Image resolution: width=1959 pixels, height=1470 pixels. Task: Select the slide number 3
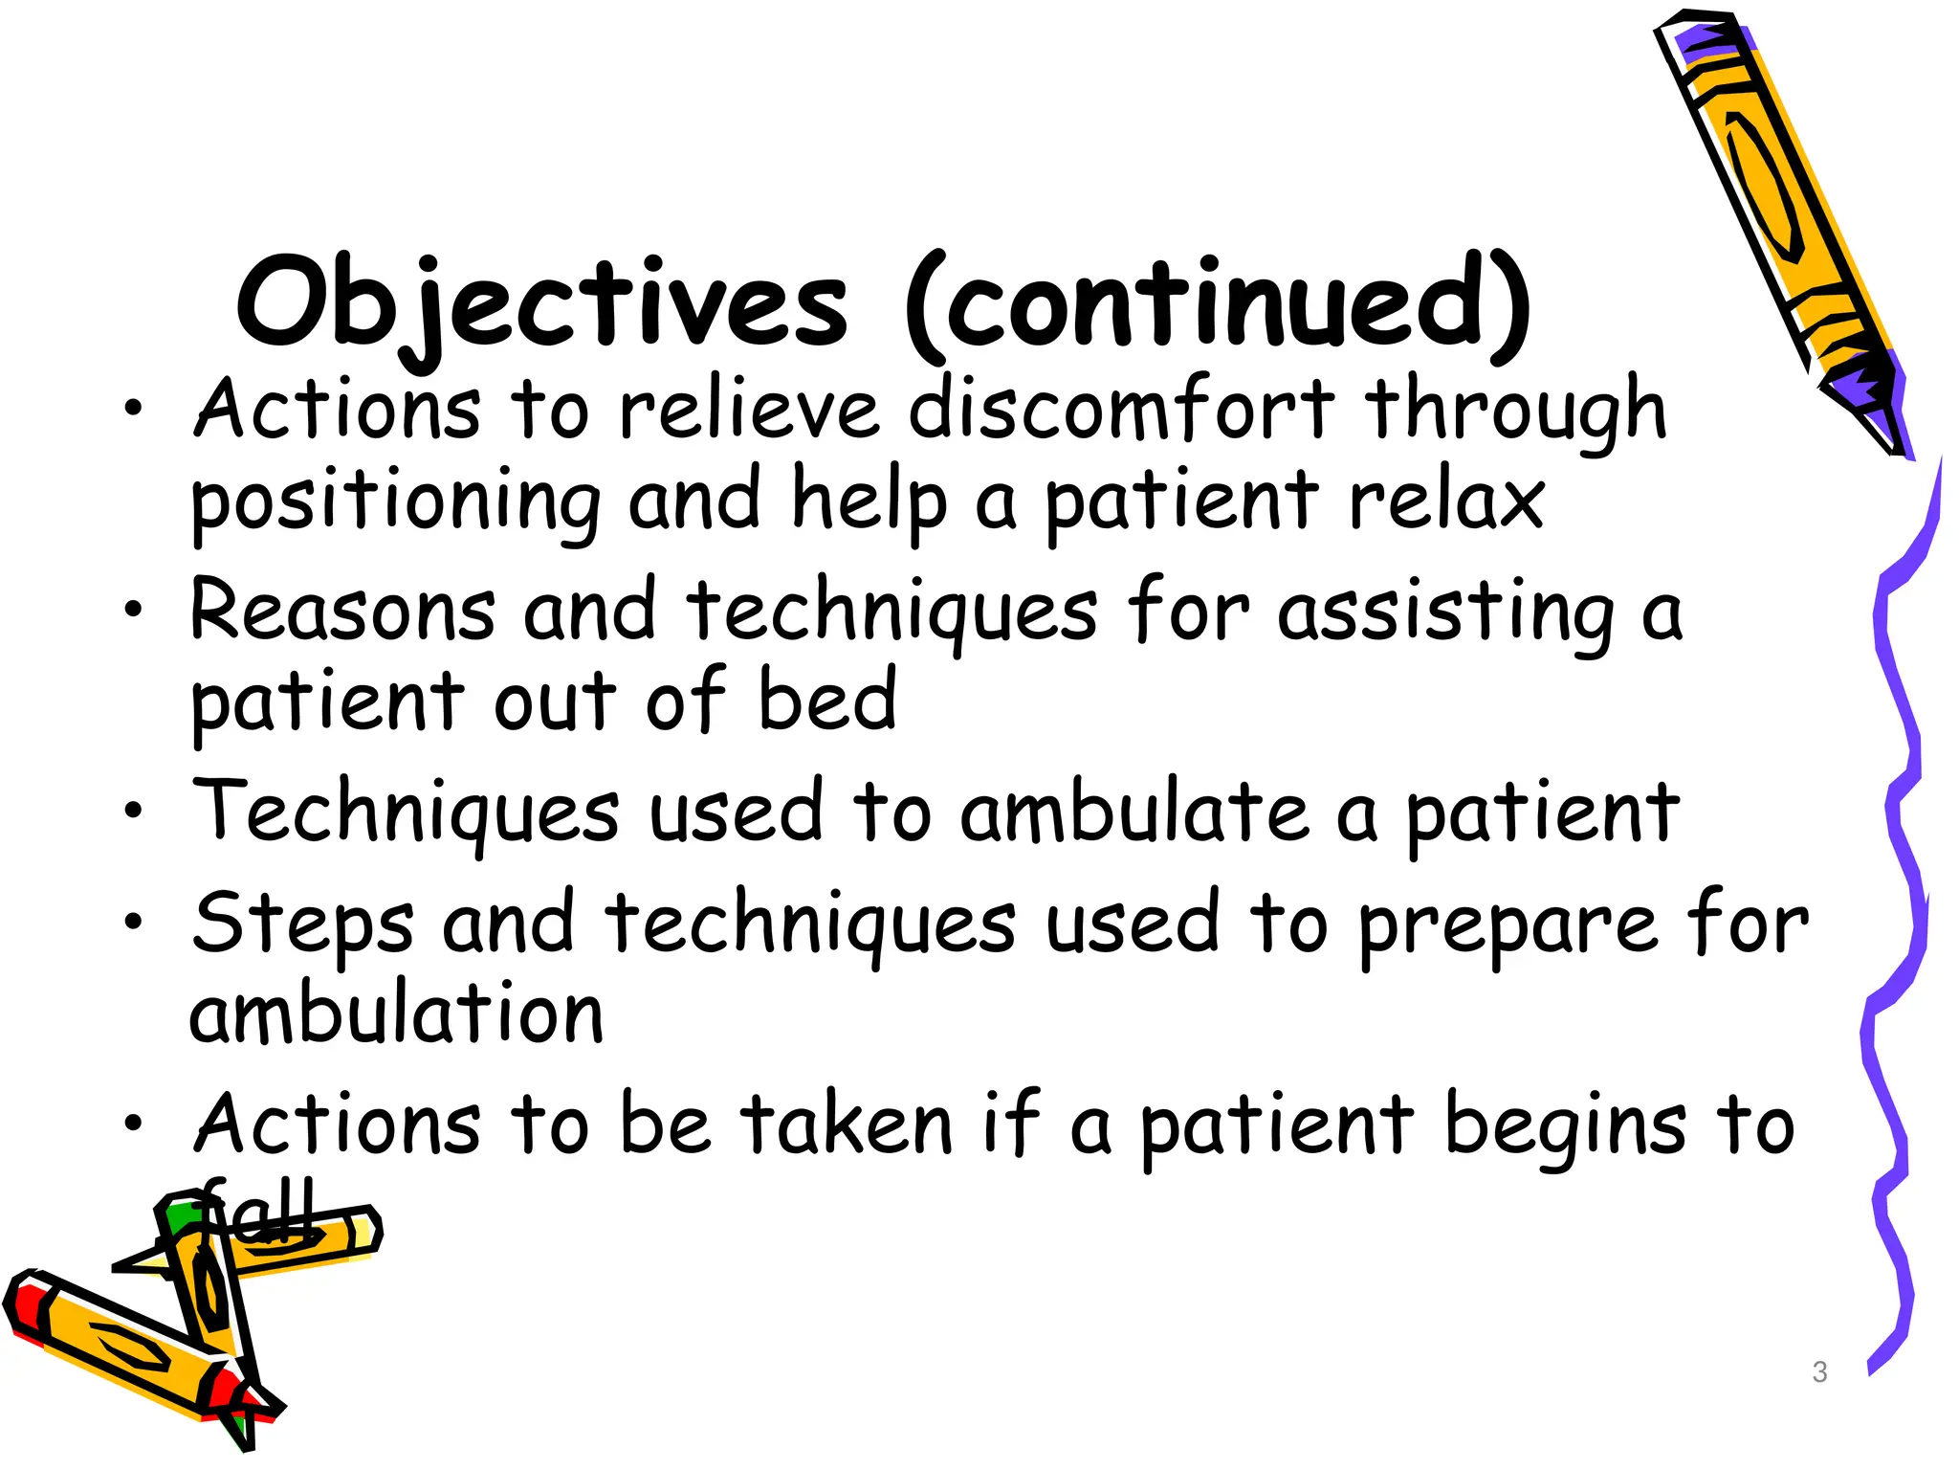[1819, 1371]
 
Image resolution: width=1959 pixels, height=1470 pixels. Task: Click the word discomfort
[1120, 410]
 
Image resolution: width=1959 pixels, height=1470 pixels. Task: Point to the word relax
[1445, 501]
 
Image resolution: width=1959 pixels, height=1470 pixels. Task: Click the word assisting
[1445, 612]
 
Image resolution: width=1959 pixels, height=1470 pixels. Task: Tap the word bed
[827, 701]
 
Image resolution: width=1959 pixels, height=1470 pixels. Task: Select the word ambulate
[1134, 813]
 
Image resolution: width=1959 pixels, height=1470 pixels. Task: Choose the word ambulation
[396, 1013]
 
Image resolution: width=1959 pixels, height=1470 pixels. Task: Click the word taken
[847, 1125]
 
